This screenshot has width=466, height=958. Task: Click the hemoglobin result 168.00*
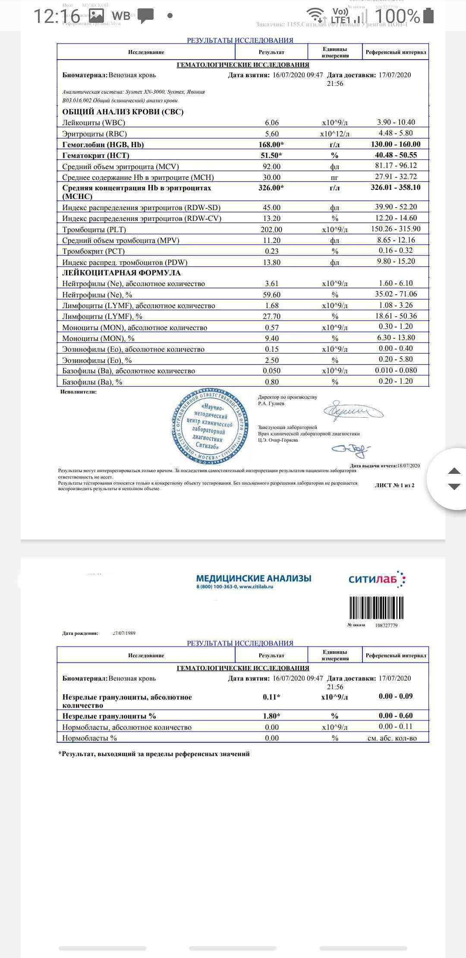[x=271, y=145]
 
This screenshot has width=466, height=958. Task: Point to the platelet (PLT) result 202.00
[x=271, y=230]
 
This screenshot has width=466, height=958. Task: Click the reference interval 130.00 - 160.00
[x=395, y=144]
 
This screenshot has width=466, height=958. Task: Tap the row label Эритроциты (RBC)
[x=94, y=134]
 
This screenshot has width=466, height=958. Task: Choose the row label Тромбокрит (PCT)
[x=93, y=251]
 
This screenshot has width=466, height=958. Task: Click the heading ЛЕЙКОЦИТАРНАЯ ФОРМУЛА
[x=121, y=273]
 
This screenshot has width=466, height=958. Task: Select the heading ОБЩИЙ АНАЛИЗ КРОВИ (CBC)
[x=123, y=112]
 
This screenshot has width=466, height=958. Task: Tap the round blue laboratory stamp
[x=210, y=426]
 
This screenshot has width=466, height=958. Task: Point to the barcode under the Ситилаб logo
[x=376, y=608]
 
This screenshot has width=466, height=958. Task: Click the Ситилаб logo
[x=377, y=579]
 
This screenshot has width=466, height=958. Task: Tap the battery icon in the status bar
[x=429, y=16]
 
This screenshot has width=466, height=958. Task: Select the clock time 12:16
[x=57, y=16]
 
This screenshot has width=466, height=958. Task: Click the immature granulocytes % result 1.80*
[x=271, y=716]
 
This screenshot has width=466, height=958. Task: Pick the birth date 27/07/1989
[x=123, y=633]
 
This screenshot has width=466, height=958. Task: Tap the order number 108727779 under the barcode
[x=386, y=625]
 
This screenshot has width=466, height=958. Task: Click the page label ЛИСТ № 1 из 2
[x=394, y=485]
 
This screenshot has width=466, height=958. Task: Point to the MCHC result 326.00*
[x=271, y=188]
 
